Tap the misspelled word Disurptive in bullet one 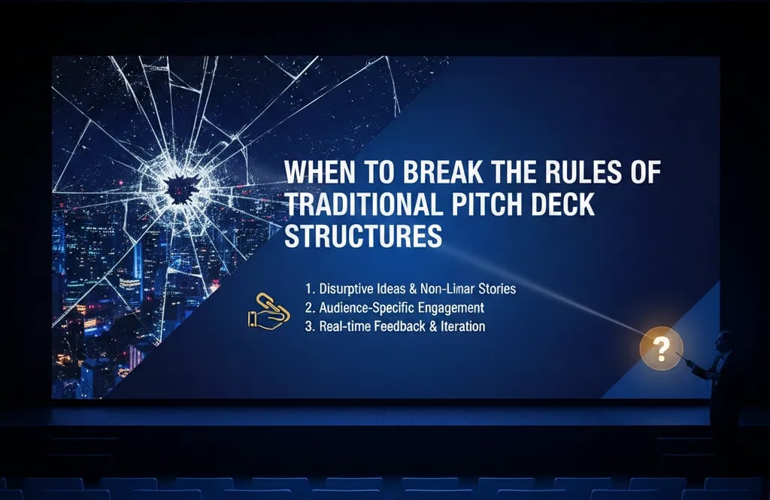347,289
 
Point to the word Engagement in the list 451,308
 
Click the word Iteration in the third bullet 462,327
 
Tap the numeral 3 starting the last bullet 308,327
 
